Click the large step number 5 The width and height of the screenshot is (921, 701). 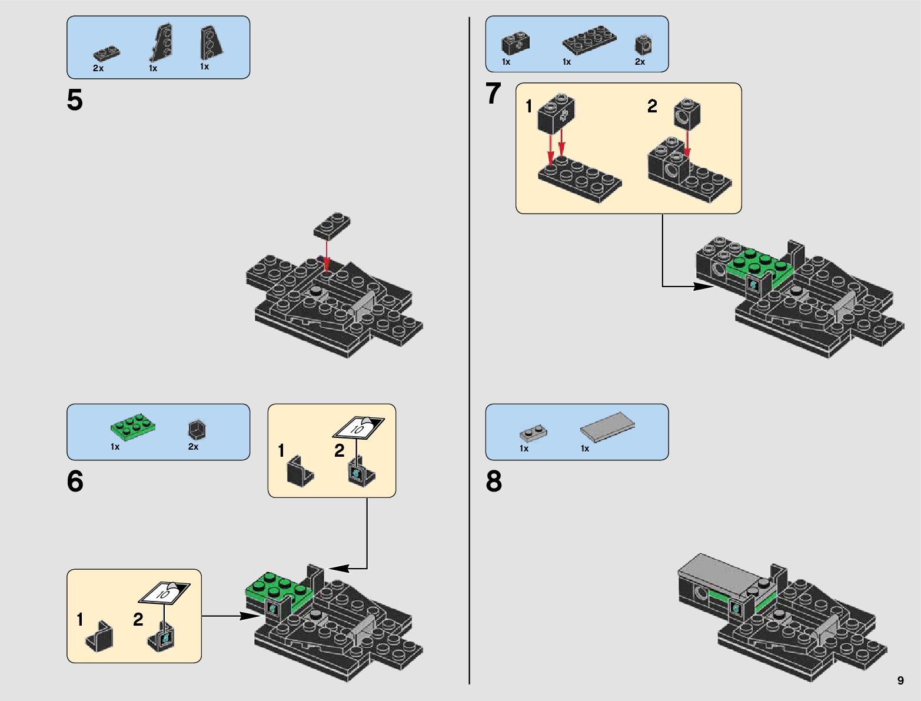[75, 100]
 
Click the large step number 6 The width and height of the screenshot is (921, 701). [75, 481]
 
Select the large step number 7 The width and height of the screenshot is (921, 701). [493, 94]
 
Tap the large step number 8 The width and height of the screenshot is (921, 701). [494, 481]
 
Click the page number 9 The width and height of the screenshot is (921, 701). [900, 680]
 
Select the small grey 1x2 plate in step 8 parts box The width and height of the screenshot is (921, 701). [533, 434]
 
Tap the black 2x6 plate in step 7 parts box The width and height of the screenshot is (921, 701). [589, 40]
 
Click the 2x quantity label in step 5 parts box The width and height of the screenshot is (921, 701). [98, 68]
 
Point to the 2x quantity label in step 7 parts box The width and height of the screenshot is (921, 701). [640, 62]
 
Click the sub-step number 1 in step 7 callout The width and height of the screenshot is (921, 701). [529, 107]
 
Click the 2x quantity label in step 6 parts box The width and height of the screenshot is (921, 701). [193, 447]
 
